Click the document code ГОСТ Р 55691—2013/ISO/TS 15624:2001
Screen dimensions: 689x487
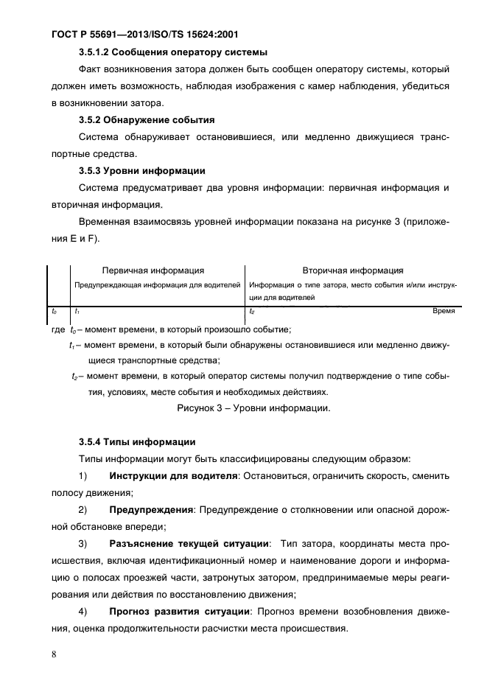pyautogui.click(x=145, y=34)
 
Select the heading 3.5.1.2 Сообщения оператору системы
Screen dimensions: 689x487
pyautogui.click(x=172, y=52)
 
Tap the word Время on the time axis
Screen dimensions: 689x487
pyautogui.click(x=444, y=311)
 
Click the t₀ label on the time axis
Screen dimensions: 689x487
pyautogui.click(x=52, y=312)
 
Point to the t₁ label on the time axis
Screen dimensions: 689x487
pyautogui.click(x=77, y=312)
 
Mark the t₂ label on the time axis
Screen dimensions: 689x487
pyautogui.click(x=252, y=312)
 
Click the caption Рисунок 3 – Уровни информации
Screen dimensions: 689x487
pyautogui.click(x=252, y=408)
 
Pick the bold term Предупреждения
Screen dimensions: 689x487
pyautogui.click(x=150, y=510)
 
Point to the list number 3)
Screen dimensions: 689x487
pyautogui.click(x=83, y=544)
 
